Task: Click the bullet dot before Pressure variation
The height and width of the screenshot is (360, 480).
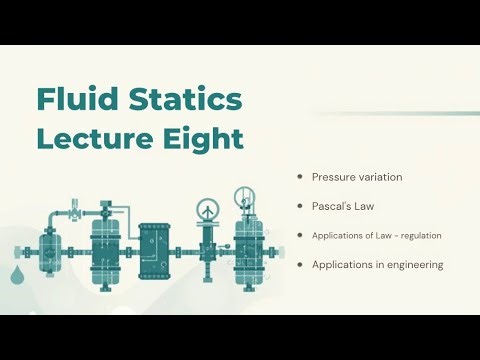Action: (300, 176)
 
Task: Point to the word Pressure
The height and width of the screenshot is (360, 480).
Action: (334, 177)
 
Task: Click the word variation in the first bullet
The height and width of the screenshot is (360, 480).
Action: (381, 177)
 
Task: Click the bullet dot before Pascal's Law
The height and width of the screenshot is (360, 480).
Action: (300, 205)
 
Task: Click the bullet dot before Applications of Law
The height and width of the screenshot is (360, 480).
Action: (300, 235)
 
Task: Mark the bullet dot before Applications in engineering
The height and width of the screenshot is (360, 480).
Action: (300, 264)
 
